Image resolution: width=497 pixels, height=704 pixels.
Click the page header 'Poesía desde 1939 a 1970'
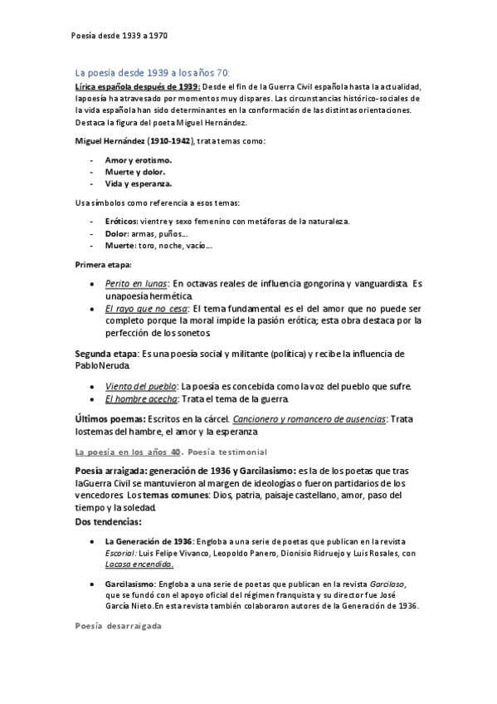click(x=119, y=37)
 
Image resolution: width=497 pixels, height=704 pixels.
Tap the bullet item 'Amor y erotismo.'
click(x=139, y=159)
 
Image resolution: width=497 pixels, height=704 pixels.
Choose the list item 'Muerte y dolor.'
click(x=134, y=172)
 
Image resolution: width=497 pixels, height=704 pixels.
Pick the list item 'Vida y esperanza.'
click(x=139, y=183)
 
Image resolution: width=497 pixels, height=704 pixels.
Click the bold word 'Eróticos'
click(x=121, y=221)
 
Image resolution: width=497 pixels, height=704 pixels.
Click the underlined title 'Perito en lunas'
click(x=136, y=284)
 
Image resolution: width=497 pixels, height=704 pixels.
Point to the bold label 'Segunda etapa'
click(x=106, y=354)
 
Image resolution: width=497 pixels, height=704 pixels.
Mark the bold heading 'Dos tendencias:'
click(x=109, y=521)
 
